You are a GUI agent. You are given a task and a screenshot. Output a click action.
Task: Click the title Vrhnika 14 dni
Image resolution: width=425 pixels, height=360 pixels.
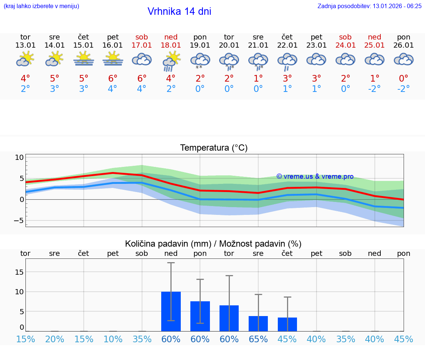[179, 11]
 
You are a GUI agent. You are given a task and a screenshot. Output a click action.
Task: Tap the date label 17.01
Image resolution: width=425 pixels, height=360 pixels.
[142, 45]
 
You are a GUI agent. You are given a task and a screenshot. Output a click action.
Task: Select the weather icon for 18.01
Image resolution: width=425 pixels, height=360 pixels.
[171, 61]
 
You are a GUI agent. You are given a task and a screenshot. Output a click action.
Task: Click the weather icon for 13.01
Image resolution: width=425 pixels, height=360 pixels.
[25, 59]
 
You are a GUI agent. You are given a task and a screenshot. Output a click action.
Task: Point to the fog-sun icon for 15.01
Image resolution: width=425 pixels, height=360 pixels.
[84, 59]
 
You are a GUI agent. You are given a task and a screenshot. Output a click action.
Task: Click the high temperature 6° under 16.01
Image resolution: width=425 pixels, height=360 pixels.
[113, 78]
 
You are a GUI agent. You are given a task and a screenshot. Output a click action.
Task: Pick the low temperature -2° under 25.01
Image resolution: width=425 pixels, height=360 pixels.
[374, 89]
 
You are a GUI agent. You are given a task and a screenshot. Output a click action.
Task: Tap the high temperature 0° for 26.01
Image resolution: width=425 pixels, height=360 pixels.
[404, 78]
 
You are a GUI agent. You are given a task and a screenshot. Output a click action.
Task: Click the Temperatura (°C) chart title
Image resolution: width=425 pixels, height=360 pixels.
[214, 148]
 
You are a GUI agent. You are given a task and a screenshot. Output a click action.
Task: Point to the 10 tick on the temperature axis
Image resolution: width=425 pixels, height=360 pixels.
[19, 157]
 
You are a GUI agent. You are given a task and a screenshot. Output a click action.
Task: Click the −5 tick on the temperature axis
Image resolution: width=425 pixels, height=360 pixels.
[19, 220]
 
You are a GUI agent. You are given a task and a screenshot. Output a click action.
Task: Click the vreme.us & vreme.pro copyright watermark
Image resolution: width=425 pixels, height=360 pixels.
[315, 176]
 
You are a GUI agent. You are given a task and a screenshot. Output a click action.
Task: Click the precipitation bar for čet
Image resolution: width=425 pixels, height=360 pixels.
[287, 325]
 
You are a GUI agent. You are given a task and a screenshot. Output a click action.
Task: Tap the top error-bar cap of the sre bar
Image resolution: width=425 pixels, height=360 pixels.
[258, 294]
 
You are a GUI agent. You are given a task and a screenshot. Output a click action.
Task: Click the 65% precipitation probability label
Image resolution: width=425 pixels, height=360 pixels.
[258, 339]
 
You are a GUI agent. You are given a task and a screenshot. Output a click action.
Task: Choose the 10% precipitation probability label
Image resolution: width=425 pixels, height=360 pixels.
[113, 339]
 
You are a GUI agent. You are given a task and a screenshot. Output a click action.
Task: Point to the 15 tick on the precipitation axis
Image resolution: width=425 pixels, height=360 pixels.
[19, 272]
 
